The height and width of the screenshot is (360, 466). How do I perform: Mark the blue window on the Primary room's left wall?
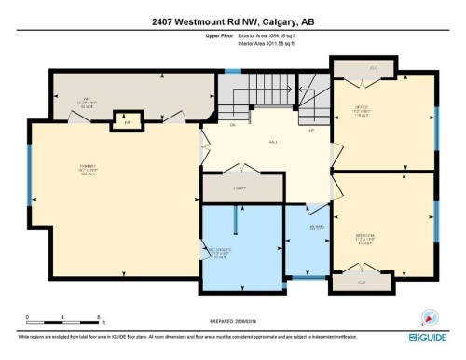(x=30, y=177)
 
